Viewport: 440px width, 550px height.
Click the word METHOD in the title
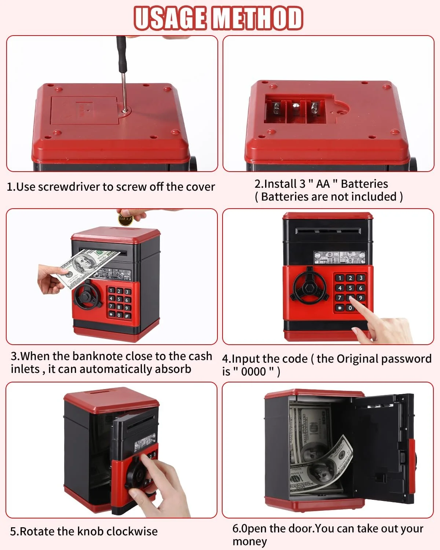click(258, 18)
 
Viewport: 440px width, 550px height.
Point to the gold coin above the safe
click(125, 219)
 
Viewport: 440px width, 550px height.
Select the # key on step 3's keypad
click(127, 316)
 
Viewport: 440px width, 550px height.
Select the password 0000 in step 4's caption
click(253, 371)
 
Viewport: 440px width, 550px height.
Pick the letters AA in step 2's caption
click(323, 184)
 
